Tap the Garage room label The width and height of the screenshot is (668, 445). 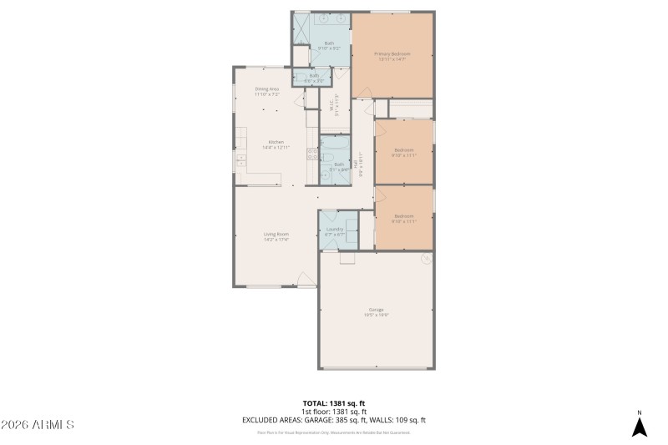point(377,311)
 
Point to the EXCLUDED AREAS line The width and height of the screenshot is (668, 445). point(334,420)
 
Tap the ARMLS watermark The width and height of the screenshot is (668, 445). point(38,425)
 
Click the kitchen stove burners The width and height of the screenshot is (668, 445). point(240,159)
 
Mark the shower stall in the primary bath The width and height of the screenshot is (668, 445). point(301,28)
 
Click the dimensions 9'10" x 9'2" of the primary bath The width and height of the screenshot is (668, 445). point(328,48)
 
